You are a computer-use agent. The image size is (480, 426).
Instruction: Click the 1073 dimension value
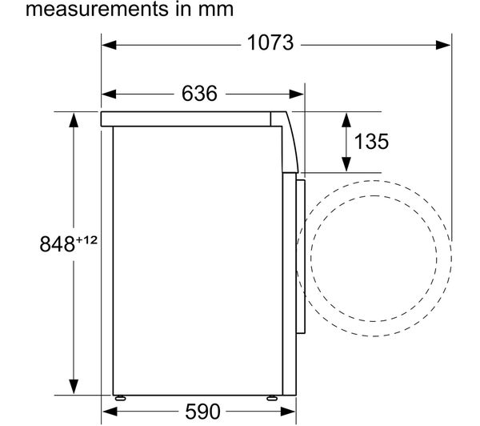pyautogui.click(x=270, y=43)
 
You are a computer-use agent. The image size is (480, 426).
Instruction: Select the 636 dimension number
pyautogui.click(x=199, y=93)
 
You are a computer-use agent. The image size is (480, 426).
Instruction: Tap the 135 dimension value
pyautogui.click(x=371, y=141)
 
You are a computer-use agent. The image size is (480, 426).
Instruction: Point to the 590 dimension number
pyautogui.click(x=202, y=412)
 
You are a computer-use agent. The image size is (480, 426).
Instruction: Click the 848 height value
pyautogui.click(x=58, y=244)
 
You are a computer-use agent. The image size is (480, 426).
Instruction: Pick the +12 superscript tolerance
pyautogui.click(x=86, y=240)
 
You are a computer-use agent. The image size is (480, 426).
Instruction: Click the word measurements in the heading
pyautogui.click(x=98, y=9)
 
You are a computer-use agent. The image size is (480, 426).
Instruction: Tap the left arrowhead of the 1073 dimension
pyautogui.click(x=109, y=45)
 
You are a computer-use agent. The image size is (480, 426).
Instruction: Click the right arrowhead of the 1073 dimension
pyautogui.click(x=443, y=45)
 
